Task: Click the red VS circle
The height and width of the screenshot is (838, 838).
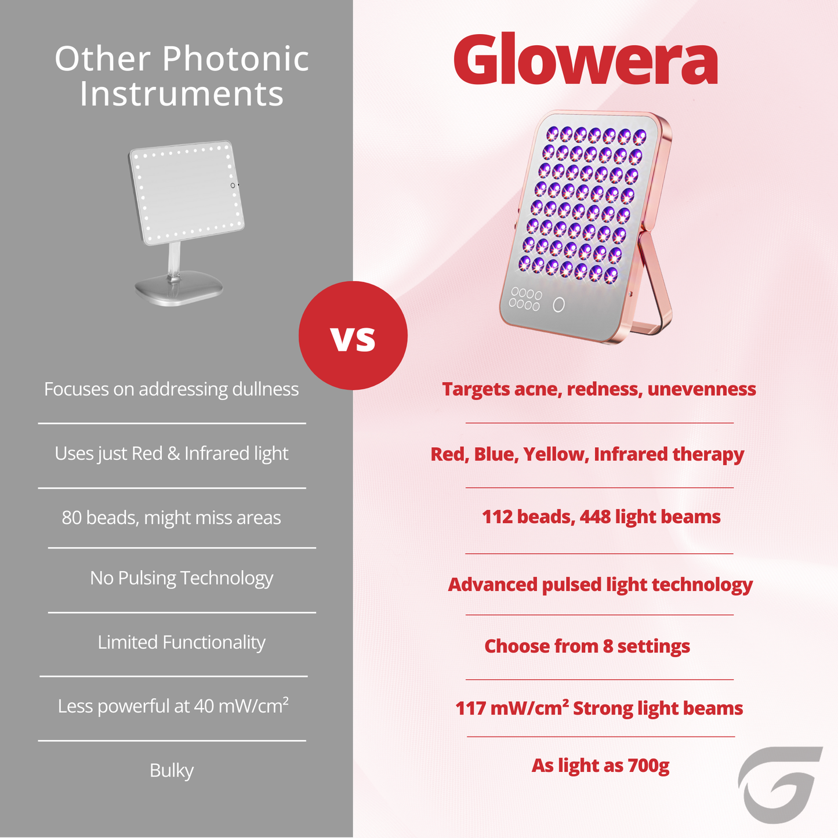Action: point(353,336)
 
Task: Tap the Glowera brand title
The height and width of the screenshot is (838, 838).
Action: point(585,60)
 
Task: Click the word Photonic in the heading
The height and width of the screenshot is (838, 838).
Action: point(235,59)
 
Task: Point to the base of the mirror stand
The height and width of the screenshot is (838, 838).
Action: point(179,288)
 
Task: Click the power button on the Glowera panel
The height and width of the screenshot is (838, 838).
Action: point(558,304)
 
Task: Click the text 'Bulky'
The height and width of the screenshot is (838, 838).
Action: point(172,771)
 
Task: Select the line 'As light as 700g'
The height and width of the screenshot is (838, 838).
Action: point(600,766)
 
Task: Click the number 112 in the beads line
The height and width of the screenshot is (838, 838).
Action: point(496,517)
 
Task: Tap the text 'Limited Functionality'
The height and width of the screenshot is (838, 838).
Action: point(182,643)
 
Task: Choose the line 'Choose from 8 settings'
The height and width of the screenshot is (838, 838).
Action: point(587,646)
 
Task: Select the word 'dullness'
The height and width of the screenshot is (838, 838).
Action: point(265,389)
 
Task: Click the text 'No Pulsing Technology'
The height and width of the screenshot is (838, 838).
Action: point(182,578)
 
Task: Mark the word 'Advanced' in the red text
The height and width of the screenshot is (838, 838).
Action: point(492,585)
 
